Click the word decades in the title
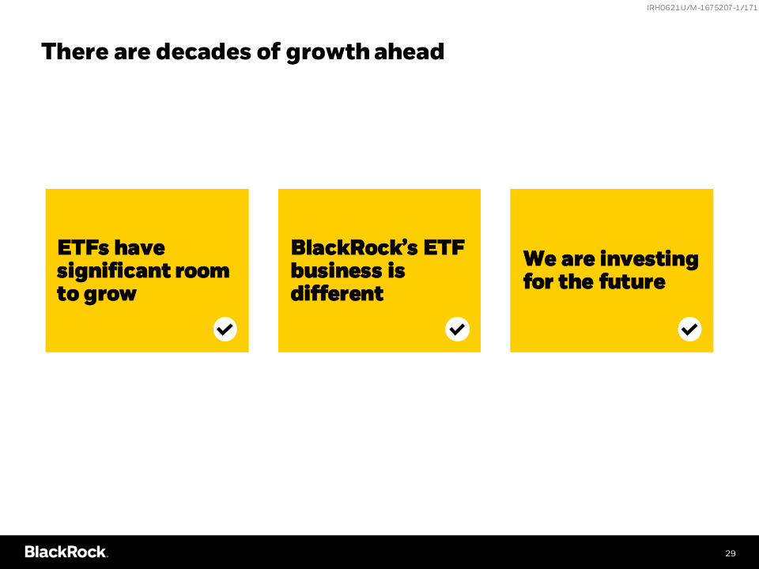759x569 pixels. click(203, 51)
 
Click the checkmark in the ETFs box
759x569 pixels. click(225, 329)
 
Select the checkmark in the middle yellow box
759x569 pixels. click(458, 329)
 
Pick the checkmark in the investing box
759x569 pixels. click(689, 329)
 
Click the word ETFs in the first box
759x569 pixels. click(83, 247)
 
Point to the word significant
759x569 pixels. click(113, 271)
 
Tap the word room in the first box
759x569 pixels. click(202, 271)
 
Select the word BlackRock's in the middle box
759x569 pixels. click(354, 247)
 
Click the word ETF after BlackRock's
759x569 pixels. click(444, 247)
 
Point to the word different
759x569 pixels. click(337, 293)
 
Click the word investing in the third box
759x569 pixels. click(648, 260)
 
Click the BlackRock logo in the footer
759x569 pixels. click(66, 552)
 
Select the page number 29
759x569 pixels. click(731, 553)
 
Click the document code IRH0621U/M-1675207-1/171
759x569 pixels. click(702, 8)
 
